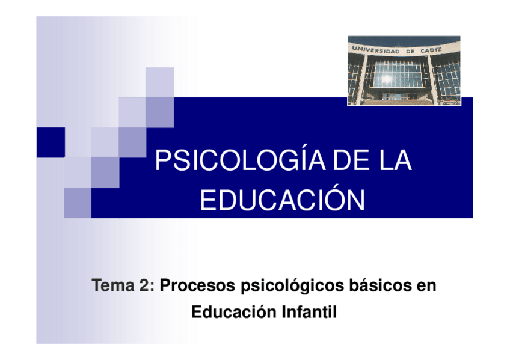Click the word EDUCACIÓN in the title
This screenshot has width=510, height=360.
pyautogui.click(x=282, y=200)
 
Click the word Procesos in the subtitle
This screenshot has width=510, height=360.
pyautogui.click(x=197, y=286)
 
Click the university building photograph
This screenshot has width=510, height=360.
pyautogui.click(x=404, y=70)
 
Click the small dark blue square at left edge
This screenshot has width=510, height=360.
pyautogui.click(x=50, y=142)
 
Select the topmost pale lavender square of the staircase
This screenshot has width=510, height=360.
pyautogui.click(x=159, y=82)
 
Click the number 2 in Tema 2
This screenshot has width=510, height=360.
pyautogui.click(x=150, y=286)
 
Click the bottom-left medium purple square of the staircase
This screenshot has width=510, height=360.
pyautogui.click(x=77, y=202)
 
